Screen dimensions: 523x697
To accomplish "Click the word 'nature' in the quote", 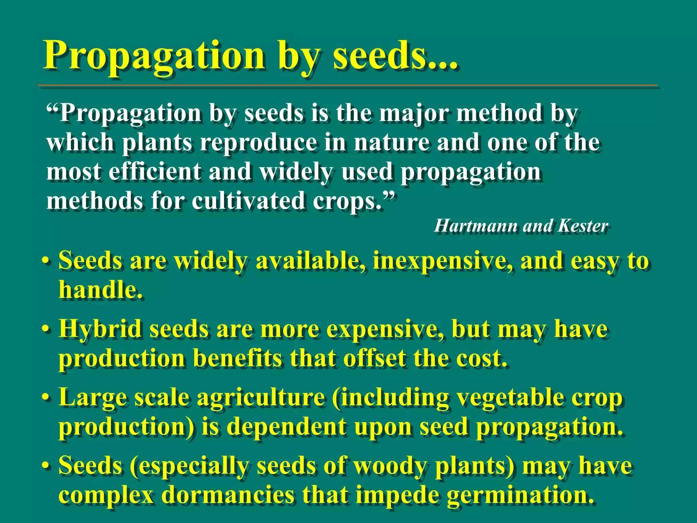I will coord(391,142).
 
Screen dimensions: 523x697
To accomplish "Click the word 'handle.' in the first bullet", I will coord(100,290).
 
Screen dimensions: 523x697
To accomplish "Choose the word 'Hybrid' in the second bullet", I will coord(100,330).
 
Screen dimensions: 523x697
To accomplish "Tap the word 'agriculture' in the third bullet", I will coord(261,398).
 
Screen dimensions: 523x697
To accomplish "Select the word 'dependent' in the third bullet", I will coord(286,427).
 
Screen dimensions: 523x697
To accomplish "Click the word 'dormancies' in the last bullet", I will coord(228,495).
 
